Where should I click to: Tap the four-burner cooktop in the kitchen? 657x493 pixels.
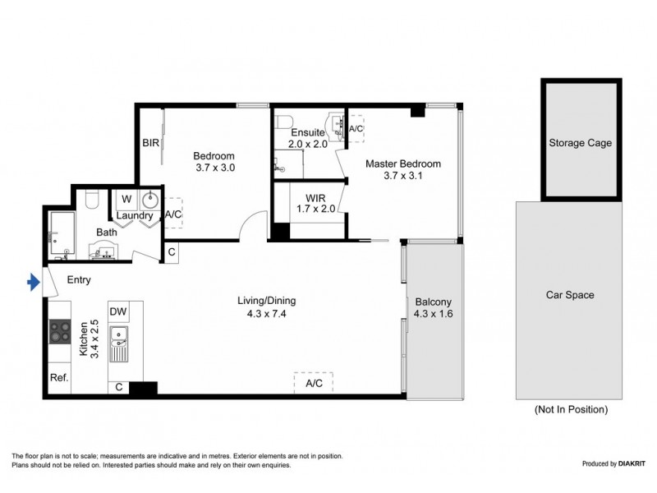click(61, 330)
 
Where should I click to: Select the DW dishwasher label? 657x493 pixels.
click(117, 311)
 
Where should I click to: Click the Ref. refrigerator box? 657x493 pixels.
click(58, 379)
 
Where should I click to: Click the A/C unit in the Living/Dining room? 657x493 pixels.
click(314, 383)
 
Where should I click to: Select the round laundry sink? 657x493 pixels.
click(151, 200)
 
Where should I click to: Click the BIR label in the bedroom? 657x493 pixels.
click(150, 143)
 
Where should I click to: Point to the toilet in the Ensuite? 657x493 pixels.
click(285, 123)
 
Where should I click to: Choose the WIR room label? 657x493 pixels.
click(316, 199)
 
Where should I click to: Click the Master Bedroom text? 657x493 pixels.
click(402, 164)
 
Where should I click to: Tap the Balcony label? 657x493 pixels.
click(432, 302)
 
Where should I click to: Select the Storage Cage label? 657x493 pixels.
click(580, 143)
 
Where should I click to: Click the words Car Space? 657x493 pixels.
click(570, 295)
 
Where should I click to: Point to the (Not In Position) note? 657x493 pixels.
click(571, 409)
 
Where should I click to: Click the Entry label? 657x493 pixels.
click(79, 279)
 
